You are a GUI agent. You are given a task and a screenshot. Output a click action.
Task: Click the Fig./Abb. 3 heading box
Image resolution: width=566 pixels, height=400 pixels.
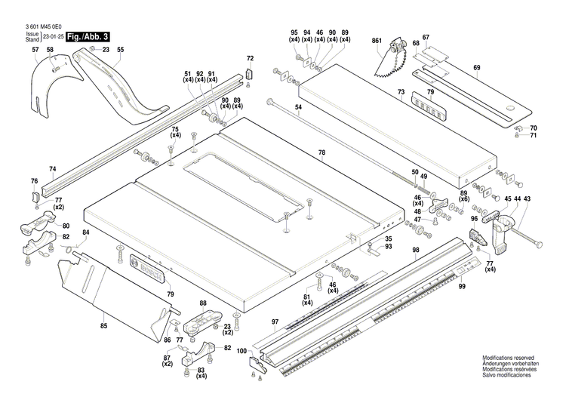pyautogui.click(x=88, y=36)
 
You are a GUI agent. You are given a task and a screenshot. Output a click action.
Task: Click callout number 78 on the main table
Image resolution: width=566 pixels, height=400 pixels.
pyautogui.click(x=321, y=153)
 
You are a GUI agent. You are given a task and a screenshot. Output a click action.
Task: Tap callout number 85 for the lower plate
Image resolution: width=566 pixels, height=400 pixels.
pyautogui.click(x=103, y=325)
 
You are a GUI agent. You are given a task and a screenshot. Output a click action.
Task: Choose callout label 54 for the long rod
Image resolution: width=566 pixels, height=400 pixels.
pyautogui.click(x=298, y=108)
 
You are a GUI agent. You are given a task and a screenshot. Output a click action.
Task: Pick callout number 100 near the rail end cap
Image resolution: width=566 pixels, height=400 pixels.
pyautogui.click(x=241, y=351)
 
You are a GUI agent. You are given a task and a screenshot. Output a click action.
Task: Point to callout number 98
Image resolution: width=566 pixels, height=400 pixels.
pyautogui.click(x=415, y=250)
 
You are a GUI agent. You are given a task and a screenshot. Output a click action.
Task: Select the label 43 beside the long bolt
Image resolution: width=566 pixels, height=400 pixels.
pyautogui.click(x=528, y=198)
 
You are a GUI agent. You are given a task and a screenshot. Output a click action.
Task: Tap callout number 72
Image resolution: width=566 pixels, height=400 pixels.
pyautogui.click(x=251, y=58)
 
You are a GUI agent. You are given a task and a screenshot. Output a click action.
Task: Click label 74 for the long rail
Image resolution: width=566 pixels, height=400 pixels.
pyautogui.click(x=52, y=169)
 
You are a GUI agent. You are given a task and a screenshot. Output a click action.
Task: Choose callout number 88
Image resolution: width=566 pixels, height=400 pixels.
pyautogui.click(x=202, y=303)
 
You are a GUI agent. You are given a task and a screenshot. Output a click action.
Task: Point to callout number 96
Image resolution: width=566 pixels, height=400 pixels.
pyautogui.click(x=474, y=220)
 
